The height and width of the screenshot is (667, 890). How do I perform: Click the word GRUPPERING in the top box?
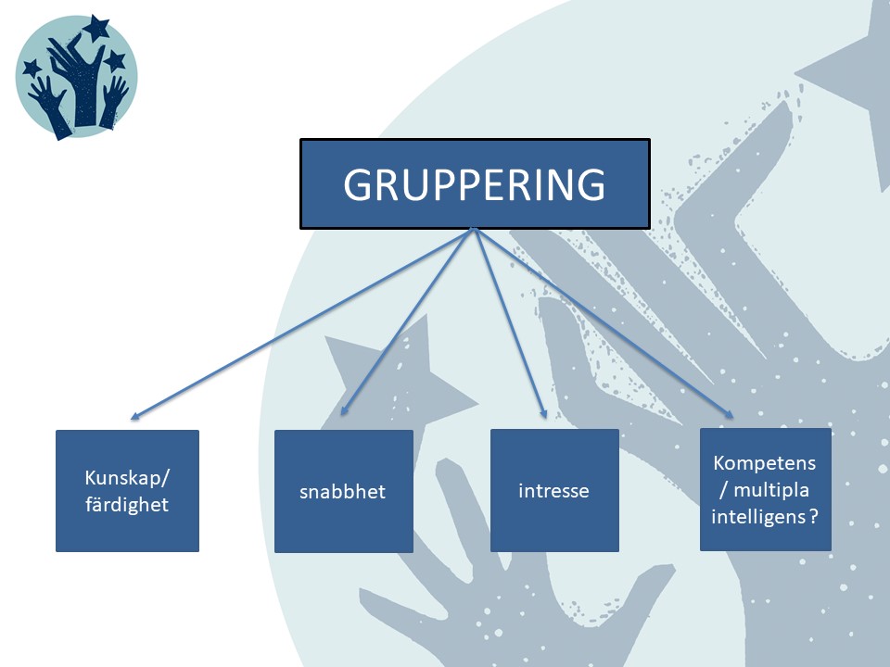pyautogui.click(x=474, y=184)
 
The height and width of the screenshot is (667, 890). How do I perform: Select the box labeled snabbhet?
pyautogui.click(x=343, y=491)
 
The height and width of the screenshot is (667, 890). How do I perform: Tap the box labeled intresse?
pyautogui.click(x=553, y=490)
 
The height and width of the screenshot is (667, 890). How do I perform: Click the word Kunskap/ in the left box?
pyautogui.click(x=128, y=479)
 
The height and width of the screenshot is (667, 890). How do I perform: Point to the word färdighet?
pyautogui.click(x=127, y=505)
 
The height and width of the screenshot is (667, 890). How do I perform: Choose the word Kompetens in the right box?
pyautogui.click(x=765, y=462)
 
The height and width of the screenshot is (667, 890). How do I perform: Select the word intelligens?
pyautogui.click(x=757, y=518)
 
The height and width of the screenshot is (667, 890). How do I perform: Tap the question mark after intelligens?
pyautogui.click(x=813, y=518)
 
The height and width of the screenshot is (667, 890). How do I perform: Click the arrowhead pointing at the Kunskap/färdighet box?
pyautogui.click(x=135, y=417)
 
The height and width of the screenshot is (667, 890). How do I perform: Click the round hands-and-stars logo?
pyautogui.click(x=76, y=77)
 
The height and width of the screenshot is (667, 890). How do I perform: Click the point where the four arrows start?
pyautogui.click(x=475, y=230)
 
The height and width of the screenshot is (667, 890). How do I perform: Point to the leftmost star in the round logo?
pyautogui.click(x=32, y=68)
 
